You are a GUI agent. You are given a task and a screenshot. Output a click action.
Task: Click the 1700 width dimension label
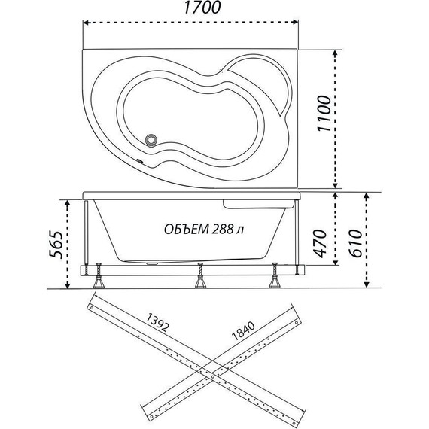(x=202, y=8)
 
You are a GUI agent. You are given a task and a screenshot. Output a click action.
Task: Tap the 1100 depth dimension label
(x=324, y=114)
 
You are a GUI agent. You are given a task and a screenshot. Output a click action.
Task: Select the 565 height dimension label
(x=56, y=245)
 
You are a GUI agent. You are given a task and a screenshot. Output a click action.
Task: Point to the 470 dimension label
(x=320, y=244)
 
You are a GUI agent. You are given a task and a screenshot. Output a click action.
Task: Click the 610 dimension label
(x=356, y=244)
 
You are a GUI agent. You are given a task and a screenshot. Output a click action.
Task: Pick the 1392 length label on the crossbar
(x=157, y=322)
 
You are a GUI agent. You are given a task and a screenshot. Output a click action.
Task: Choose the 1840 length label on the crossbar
(x=243, y=330)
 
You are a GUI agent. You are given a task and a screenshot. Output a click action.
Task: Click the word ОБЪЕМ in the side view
(x=186, y=230)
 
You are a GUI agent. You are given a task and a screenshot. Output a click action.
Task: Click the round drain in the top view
(x=151, y=140)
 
